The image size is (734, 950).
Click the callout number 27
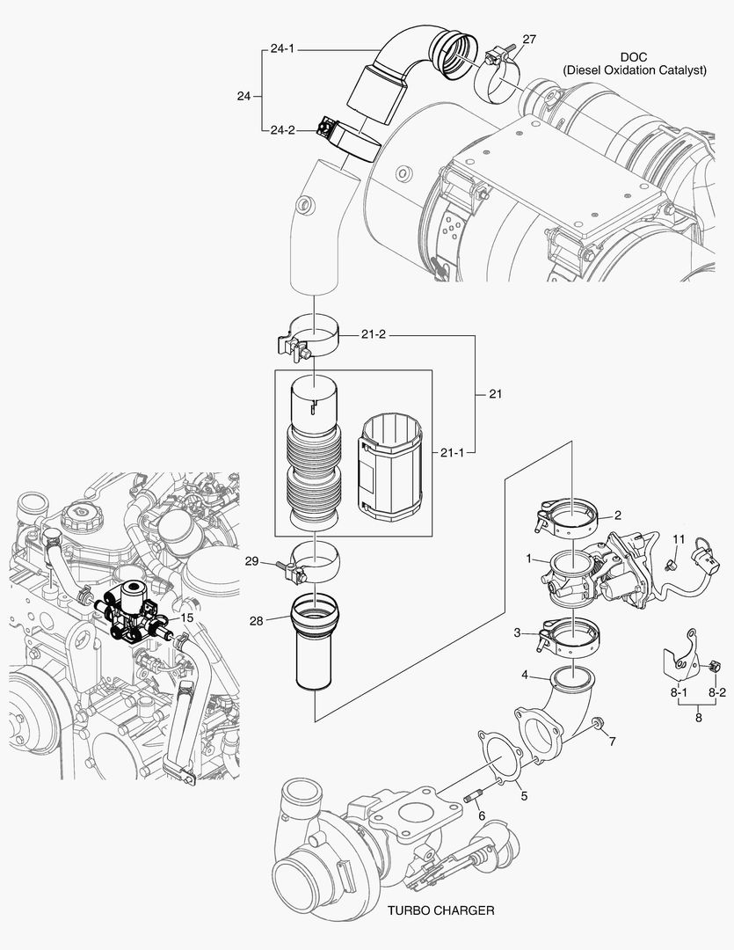point(528,40)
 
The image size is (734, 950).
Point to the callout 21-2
point(374,335)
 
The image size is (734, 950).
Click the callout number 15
point(186,618)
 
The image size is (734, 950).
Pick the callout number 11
point(678,537)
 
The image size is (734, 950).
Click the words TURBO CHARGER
point(440,910)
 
